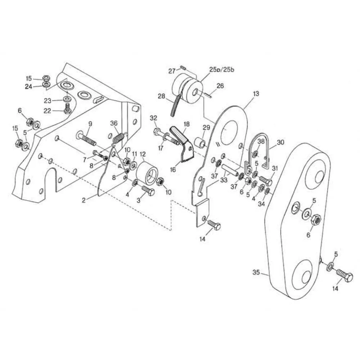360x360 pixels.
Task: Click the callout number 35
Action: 256,272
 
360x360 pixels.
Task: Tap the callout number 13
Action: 256,94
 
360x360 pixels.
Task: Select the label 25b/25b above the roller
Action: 222,69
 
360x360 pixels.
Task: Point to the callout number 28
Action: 161,96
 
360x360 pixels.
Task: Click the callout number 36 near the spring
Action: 114,123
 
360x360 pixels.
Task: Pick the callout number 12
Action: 143,154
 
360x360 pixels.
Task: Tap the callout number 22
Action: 47,111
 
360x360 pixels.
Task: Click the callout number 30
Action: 280,142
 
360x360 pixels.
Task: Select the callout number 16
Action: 173,170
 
